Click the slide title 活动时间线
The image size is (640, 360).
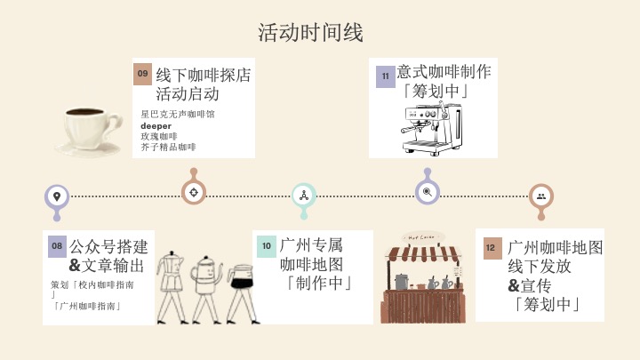pos(310,33)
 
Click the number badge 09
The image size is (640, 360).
pos(142,74)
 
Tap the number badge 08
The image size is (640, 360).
pos(56,245)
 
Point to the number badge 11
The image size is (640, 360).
pos(385,76)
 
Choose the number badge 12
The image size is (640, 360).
pos(491,247)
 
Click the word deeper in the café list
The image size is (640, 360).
pos(156,125)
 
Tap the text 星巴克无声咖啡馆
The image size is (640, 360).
pos(178,115)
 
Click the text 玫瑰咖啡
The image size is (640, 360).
pos(159,136)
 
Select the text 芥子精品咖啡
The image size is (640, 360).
pos(168,147)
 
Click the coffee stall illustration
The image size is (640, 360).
pos(422,276)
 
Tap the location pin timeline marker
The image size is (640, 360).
pos(57,196)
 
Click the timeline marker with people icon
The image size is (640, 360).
pos(540,196)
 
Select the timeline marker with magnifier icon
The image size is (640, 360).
pos(428,191)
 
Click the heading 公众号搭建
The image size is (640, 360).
pos(109,246)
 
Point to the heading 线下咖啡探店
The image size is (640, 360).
pos(204,74)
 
